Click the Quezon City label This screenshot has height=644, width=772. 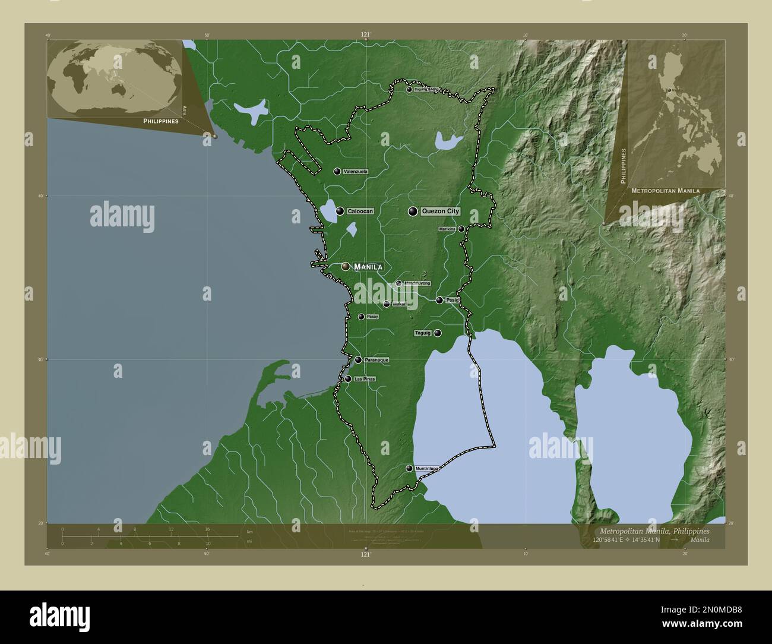point(440,211)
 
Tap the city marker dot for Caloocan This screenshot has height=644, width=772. point(340,211)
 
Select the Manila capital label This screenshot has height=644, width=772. point(368,267)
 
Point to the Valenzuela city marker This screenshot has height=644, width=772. point(337,172)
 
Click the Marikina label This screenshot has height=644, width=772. point(447,229)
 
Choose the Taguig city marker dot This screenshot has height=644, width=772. point(438,333)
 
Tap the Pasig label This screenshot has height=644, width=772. point(453,300)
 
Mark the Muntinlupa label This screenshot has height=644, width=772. point(427,469)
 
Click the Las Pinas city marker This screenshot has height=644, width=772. point(348,379)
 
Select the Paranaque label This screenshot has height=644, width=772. point(376,360)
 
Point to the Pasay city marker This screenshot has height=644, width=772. point(361,317)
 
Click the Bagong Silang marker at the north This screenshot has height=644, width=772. point(409,90)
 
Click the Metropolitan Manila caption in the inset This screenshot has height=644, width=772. point(665,191)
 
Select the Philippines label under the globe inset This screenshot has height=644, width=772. point(161,121)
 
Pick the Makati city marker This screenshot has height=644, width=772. point(387,304)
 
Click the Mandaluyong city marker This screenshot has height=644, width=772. point(398,283)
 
